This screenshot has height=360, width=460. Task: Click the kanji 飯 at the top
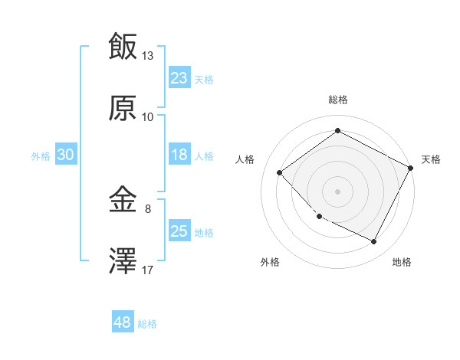coord(123,46)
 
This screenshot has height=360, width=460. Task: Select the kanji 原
coord(123,109)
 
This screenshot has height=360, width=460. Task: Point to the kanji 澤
coord(123,262)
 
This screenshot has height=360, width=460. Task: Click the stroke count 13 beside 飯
coord(148,56)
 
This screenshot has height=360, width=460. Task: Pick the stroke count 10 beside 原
coord(148,117)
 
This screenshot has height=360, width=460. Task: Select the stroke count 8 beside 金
coord(148,207)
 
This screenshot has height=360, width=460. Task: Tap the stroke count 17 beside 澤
coord(148,270)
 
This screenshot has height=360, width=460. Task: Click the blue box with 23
coord(179,78)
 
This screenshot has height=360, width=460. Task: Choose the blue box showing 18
coord(179,155)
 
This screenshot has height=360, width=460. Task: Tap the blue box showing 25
coord(179,231)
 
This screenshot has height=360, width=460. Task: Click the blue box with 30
coord(66,155)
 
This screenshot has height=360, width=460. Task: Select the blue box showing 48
coord(123,322)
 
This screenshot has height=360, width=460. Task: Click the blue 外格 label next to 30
coord(41,155)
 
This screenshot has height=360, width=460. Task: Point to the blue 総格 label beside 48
coord(148,324)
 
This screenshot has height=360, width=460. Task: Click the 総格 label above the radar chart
coord(338,100)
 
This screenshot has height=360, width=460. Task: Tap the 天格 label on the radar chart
coord(431,159)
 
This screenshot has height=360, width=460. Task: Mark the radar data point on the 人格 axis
coord(280,172)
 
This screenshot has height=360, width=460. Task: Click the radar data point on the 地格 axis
coord(374,242)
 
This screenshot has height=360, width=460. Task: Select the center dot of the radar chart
coord(338,191)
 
